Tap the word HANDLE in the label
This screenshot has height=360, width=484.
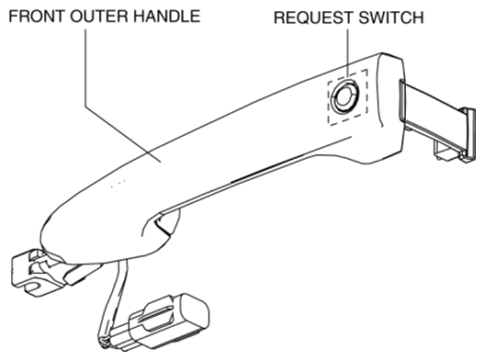point(168,17)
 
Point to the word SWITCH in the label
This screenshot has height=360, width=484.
point(391,17)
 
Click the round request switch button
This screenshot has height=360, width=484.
point(344,96)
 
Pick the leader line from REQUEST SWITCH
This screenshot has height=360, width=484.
point(347,53)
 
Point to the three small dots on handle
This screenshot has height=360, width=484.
point(118,184)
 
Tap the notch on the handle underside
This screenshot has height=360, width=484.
point(161,224)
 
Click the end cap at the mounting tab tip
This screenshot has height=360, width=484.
point(468,134)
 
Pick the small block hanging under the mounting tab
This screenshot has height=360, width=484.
point(445,152)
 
